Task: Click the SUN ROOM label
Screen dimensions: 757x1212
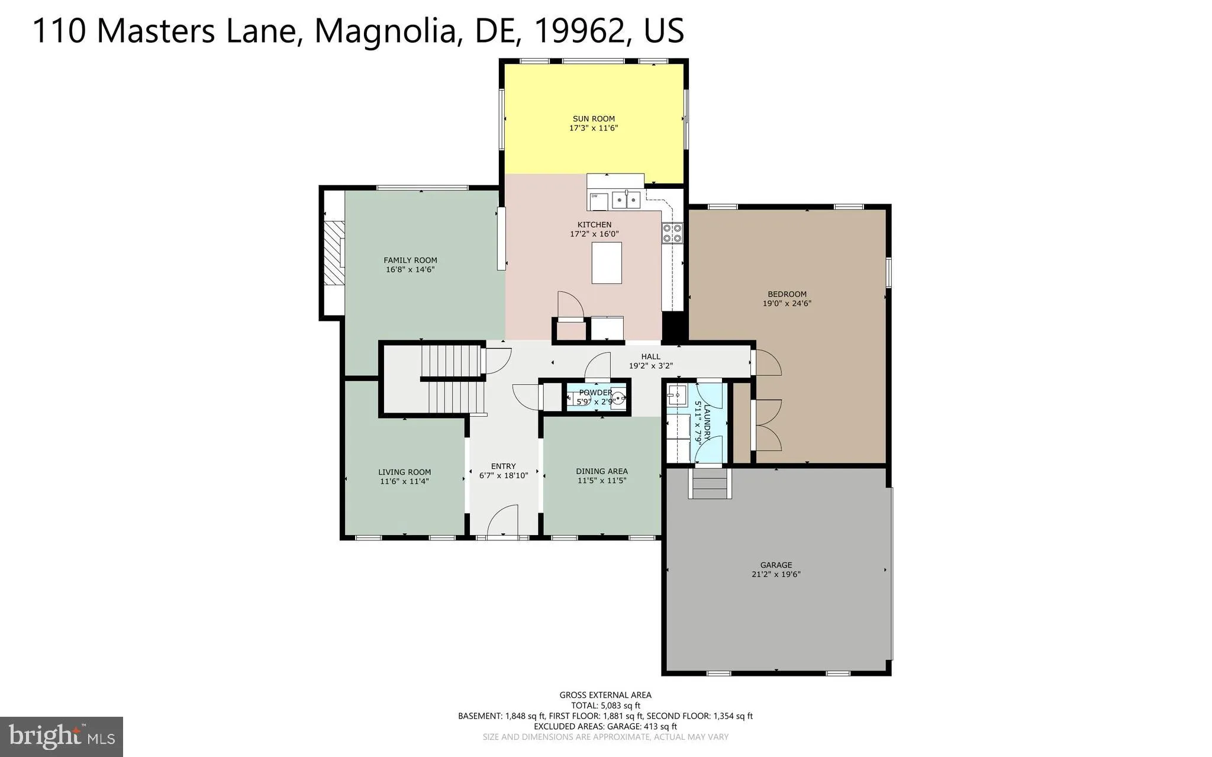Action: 594,118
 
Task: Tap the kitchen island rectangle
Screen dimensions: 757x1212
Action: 607,263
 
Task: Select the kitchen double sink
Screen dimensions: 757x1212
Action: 626,201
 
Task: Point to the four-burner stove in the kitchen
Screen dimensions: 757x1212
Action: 672,233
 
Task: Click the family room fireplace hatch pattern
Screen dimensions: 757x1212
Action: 334,253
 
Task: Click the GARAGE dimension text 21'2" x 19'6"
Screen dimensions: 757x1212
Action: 775,575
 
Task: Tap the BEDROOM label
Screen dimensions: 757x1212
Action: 786,294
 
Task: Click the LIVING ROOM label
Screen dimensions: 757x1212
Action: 404,472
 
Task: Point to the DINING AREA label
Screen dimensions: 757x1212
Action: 601,471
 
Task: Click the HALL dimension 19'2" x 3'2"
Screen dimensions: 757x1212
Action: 650,366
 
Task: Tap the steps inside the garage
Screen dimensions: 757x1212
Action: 710,484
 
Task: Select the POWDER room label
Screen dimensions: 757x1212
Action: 595,392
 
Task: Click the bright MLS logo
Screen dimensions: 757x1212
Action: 62,736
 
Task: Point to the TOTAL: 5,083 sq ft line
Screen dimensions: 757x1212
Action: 605,706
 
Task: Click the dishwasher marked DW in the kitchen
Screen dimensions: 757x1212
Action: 598,201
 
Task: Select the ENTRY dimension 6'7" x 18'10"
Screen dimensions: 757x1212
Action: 503,475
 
